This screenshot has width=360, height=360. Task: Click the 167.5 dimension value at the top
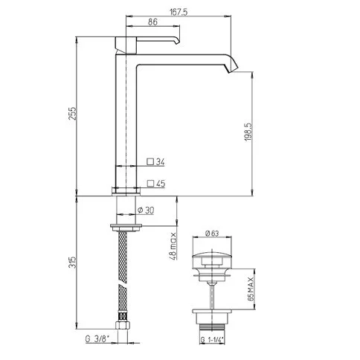(179, 12)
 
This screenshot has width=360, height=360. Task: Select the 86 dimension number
(152, 22)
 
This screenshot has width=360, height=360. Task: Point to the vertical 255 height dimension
(72, 114)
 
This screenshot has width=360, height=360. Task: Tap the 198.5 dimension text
(248, 132)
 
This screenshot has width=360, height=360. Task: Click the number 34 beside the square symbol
(160, 162)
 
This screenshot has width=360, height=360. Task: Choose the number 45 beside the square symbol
(161, 184)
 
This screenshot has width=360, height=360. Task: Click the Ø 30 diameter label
(146, 210)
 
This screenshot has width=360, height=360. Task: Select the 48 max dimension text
(173, 245)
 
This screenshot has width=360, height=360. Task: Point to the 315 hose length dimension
(72, 262)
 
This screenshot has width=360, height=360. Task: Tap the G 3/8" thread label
(97, 338)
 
